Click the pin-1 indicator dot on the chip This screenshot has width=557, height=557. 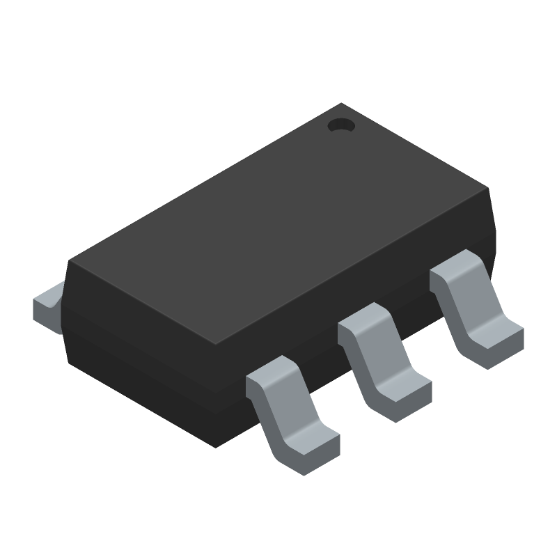[340, 126]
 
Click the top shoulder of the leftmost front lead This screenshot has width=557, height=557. [268, 373]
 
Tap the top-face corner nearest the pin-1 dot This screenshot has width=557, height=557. [341, 106]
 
